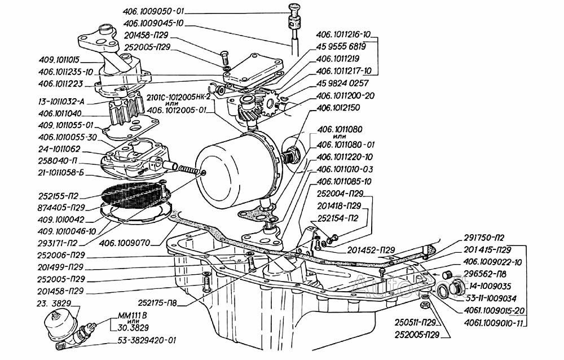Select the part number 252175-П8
pyautogui.click(x=156, y=303)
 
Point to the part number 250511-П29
pyautogui.click(x=415, y=323)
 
